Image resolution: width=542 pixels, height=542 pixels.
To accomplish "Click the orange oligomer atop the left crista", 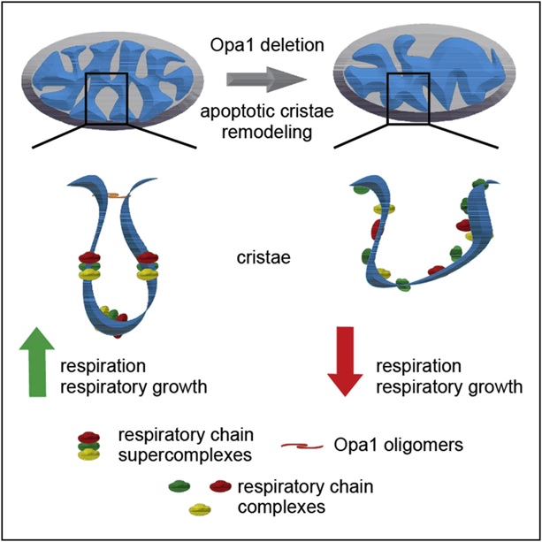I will (x=114, y=194).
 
